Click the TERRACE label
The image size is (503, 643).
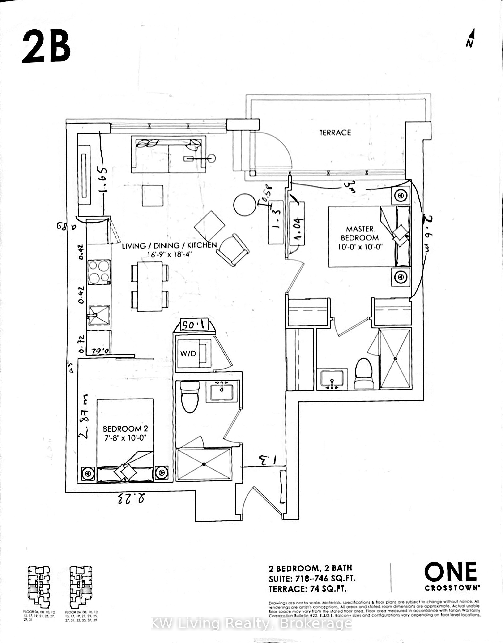(335, 133)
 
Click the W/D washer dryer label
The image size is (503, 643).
(188, 353)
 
